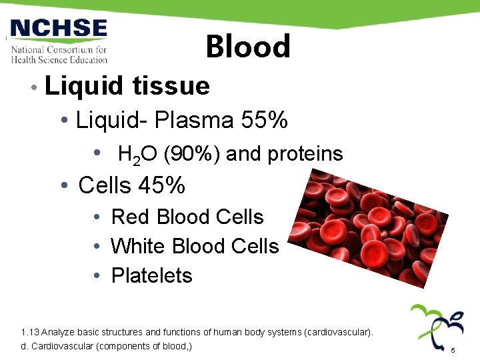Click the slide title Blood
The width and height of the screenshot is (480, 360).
tap(248, 47)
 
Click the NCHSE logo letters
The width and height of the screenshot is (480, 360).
tap(59, 29)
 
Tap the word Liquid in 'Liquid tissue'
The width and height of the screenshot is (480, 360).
tap(83, 85)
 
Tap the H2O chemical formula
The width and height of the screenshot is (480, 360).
tap(137, 155)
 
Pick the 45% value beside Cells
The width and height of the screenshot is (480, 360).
tap(161, 185)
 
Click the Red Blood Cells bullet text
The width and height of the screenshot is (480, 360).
tap(187, 217)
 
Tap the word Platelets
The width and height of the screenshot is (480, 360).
tap(151, 275)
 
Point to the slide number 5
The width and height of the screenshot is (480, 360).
tap(453, 350)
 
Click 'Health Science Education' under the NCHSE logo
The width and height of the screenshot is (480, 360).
tap(59, 59)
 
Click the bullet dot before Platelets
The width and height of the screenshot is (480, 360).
tap(97, 276)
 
